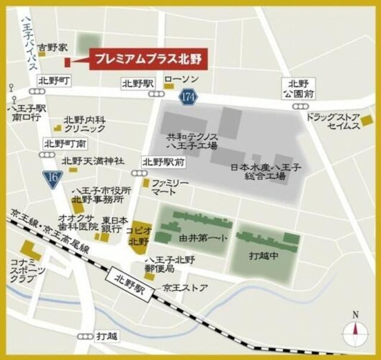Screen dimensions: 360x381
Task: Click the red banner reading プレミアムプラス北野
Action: coord(149,60)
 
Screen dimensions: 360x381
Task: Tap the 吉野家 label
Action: coord(51,46)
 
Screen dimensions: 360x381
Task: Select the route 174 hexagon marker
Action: coord(188,96)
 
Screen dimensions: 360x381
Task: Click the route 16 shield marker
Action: coord(52,178)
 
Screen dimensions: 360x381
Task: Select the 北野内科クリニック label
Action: coord(85,123)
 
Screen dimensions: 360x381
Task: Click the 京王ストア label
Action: coord(186,288)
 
